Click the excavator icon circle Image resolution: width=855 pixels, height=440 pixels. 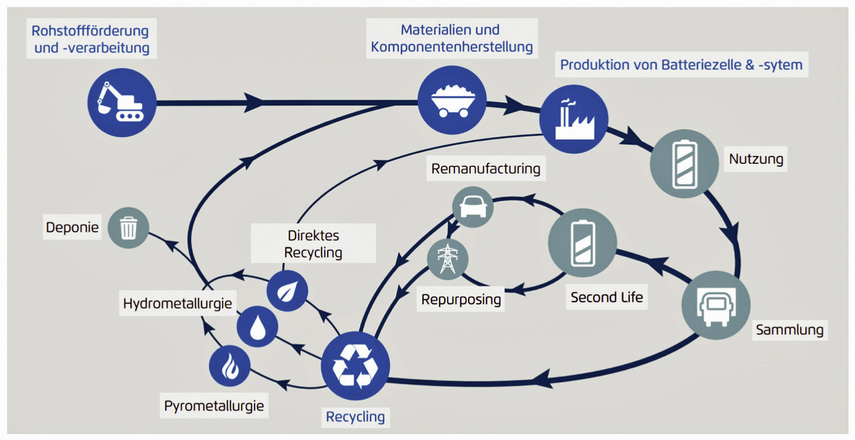point(122,102)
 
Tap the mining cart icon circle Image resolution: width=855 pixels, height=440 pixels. point(452,99)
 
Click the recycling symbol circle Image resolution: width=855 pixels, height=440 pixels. point(355,366)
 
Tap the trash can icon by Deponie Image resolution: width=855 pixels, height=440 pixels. point(128,228)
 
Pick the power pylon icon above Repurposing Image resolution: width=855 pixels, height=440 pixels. point(448,259)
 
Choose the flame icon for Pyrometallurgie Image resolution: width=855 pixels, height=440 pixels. point(230,366)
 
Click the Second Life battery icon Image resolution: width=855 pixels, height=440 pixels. point(582,243)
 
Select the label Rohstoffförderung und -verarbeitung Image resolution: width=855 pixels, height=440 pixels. point(91,39)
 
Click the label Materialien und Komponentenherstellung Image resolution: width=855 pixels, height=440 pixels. point(451,38)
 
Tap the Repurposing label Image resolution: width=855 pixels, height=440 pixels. point(461,299)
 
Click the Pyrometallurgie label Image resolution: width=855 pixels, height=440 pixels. point(214,407)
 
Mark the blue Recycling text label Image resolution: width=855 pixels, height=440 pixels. point(355,417)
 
